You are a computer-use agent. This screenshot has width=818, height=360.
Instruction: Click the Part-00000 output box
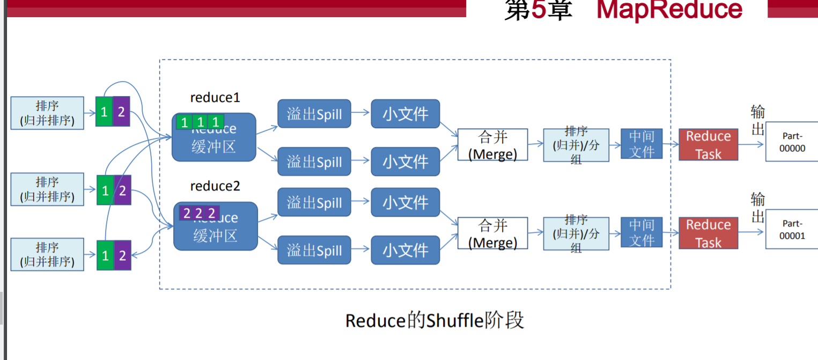click(792, 142)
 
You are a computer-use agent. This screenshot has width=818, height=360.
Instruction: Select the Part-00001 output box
click(792, 230)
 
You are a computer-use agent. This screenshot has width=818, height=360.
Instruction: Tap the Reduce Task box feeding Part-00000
click(708, 144)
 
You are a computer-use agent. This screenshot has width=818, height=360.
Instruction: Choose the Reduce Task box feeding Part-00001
click(708, 233)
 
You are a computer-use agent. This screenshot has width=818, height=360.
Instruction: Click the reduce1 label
click(215, 98)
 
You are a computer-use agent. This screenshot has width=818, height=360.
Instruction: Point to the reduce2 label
click(215, 186)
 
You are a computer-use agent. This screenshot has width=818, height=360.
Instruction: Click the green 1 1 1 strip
click(200, 122)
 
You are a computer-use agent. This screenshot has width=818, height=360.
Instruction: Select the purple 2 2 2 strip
click(199, 213)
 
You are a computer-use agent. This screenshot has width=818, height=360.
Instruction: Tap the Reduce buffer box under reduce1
click(214, 142)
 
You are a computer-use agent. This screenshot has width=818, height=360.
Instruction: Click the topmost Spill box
click(314, 114)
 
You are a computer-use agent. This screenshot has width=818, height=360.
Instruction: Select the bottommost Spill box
click(314, 250)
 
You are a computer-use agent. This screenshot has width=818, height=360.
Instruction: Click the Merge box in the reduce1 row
click(492, 145)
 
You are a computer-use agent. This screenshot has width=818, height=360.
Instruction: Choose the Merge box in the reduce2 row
click(492, 233)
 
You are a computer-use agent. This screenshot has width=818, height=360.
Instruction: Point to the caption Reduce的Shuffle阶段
click(434, 320)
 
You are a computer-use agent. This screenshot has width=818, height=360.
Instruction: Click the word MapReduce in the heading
click(669, 10)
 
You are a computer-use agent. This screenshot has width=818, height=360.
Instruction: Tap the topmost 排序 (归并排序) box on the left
click(47, 113)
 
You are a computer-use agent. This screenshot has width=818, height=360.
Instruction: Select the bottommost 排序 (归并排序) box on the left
click(47, 254)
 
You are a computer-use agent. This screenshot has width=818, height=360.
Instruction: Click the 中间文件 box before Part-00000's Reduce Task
click(642, 144)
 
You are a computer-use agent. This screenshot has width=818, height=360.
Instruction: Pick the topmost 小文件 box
click(405, 114)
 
